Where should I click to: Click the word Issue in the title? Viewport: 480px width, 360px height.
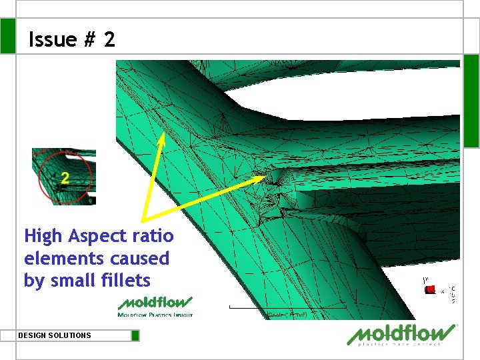[x=53, y=40]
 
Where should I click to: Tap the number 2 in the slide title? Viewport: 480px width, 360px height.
[x=109, y=40]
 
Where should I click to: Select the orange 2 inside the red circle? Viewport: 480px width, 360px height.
[x=65, y=177]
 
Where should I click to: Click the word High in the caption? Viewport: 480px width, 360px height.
[x=43, y=236]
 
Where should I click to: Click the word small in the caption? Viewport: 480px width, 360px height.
[x=69, y=281]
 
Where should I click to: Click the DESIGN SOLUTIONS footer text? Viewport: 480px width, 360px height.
[x=55, y=335]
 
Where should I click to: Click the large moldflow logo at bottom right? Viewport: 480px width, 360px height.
[x=402, y=335]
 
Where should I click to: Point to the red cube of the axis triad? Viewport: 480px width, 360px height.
[x=431, y=289]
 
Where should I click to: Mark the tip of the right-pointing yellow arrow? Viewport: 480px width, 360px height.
[x=265, y=177]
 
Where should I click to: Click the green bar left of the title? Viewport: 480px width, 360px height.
[x=7, y=36]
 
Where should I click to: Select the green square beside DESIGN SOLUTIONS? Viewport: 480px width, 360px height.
[x=135, y=335]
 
